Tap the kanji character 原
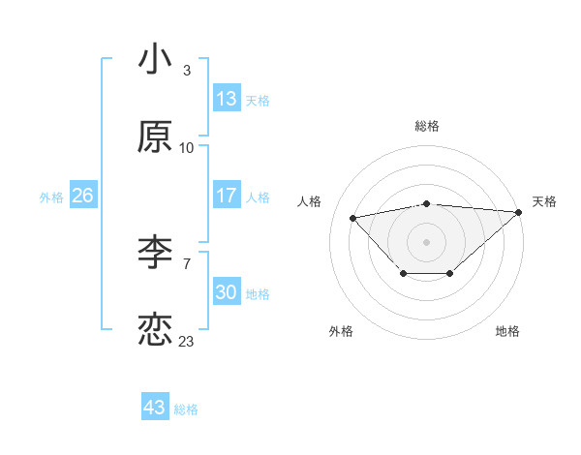pyautogui.click(x=155, y=137)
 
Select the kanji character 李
pyautogui.click(x=155, y=254)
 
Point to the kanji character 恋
pyautogui.click(x=155, y=330)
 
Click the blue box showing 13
pyautogui.click(x=227, y=99)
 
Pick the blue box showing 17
pyautogui.click(x=227, y=196)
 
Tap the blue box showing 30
pyautogui.click(x=227, y=292)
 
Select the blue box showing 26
pyautogui.click(x=82, y=196)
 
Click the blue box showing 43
pyautogui.click(x=155, y=408)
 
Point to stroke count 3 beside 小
pyautogui.click(x=187, y=70)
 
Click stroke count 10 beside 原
pyautogui.click(x=187, y=148)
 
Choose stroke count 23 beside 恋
pyautogui.click(x=187, y=341)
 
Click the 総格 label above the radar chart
pyautogui.click(x=427, y=126)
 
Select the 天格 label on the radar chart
pyautogui.click(x=544, y=201)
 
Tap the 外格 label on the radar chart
pyautogui.click(x=341, y=331)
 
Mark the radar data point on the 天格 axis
pyautogui.click(x=519, y=211)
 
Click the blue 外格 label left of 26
pyautogui.click(x=51, y=197)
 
